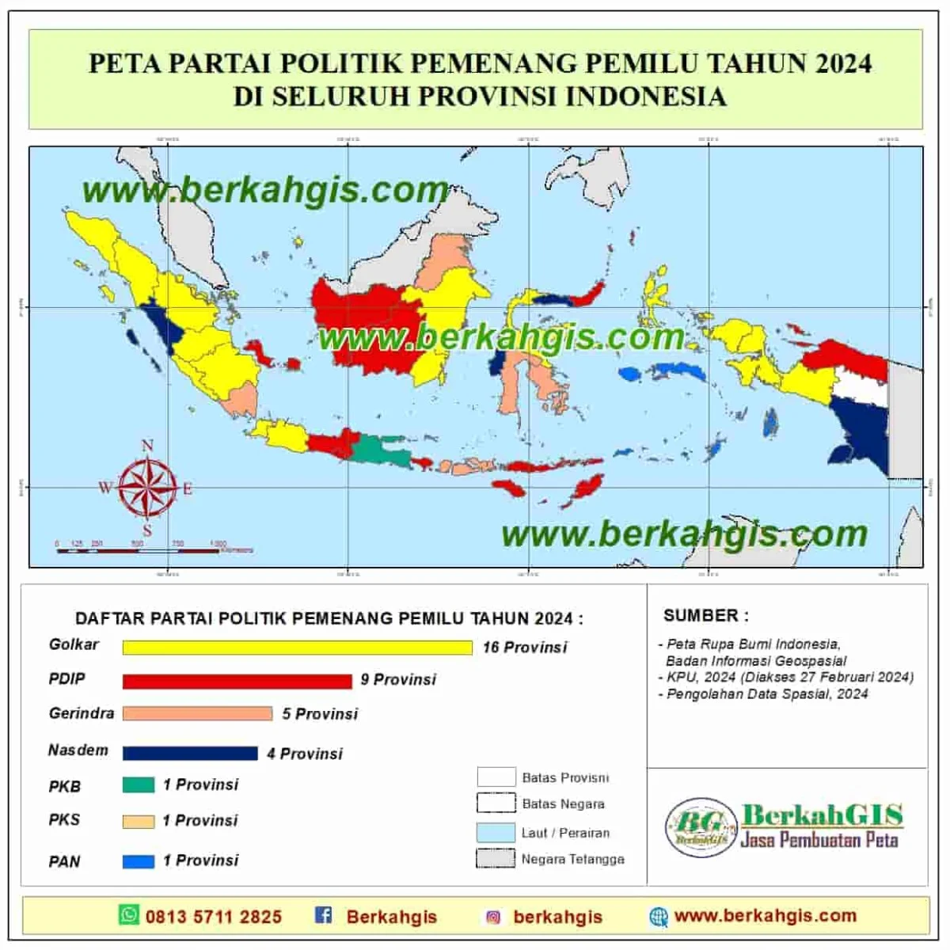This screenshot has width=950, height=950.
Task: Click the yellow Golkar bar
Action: click(297, 648)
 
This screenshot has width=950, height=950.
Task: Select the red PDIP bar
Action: click(237, 681)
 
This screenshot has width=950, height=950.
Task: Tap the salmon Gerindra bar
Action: click(197, 714)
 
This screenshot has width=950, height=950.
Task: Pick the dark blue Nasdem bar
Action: click(190, 753)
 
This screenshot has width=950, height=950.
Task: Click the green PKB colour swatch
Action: click(138, 785)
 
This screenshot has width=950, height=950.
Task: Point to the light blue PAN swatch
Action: click(138, 861)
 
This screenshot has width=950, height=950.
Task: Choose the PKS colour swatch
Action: click(138, 822)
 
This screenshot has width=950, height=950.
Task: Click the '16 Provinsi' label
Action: click(525, 648)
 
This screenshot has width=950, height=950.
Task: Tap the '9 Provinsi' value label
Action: click(398, 680)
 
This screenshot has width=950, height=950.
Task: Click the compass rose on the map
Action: click(147, 488)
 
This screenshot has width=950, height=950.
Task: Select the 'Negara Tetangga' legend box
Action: click(496, 859)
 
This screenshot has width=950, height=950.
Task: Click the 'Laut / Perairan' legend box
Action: click(496, 832)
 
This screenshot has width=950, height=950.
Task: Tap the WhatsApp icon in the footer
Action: click(128, 915)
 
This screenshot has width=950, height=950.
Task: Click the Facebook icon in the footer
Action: click(323, 915)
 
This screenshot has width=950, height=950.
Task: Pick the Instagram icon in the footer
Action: click(493, 917)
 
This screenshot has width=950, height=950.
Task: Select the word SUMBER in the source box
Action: click(700, 615)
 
